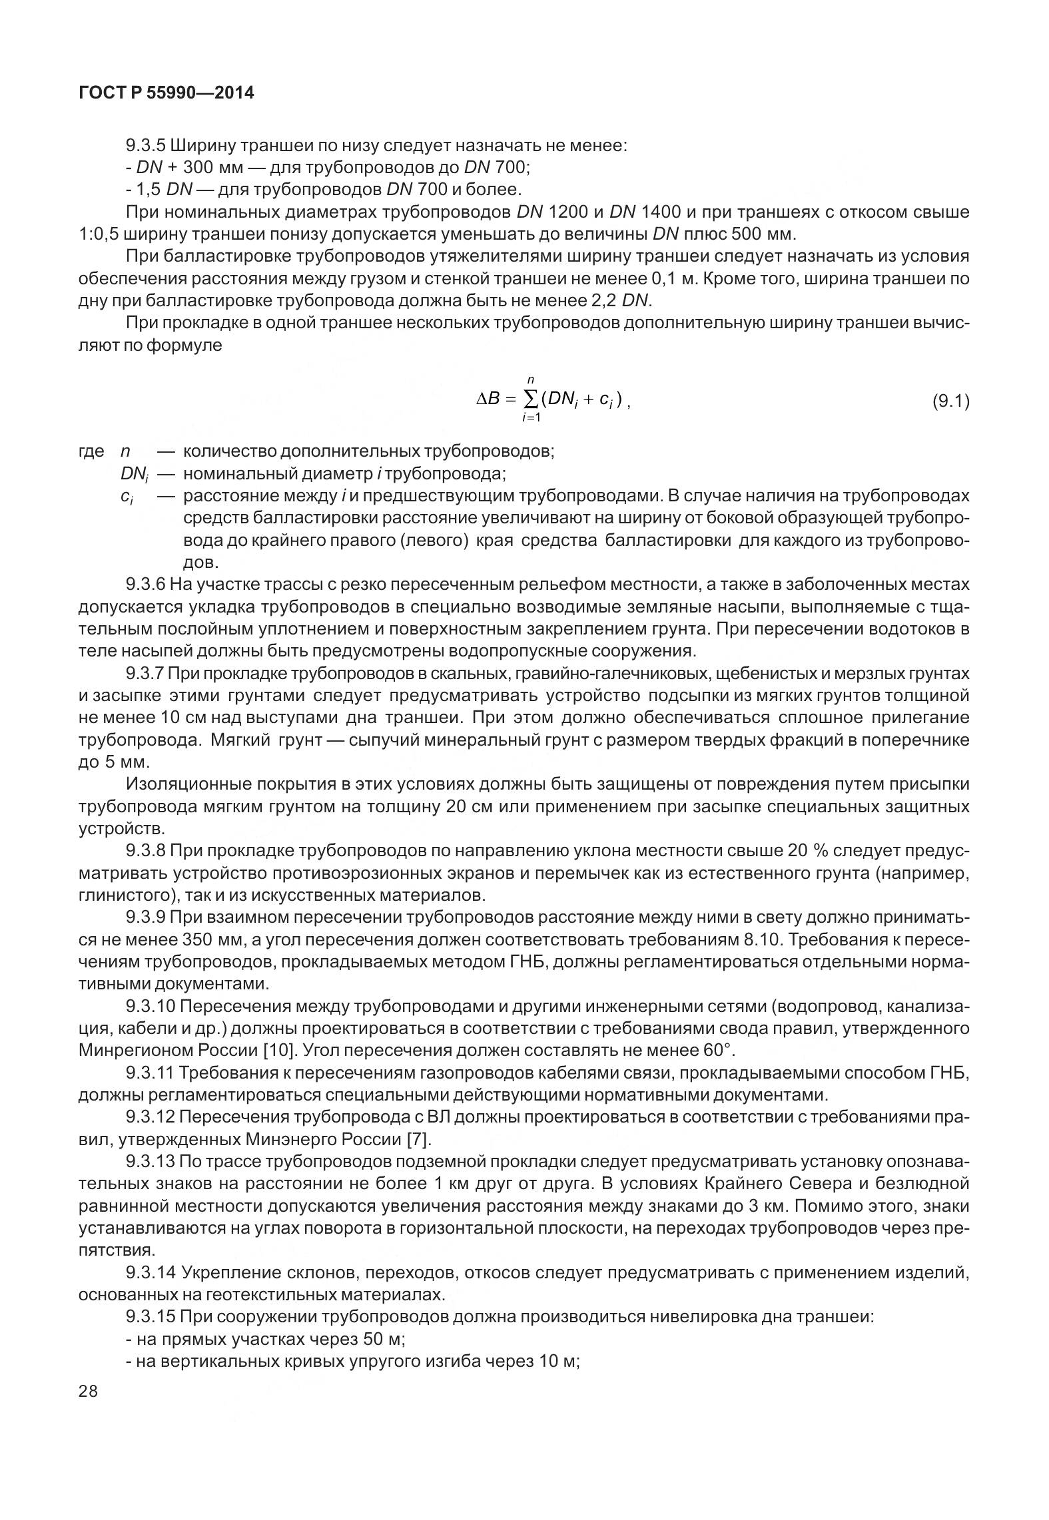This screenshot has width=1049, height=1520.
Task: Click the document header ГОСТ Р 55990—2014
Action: point(166,93)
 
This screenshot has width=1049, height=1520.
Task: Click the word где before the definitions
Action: point(91,451)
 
